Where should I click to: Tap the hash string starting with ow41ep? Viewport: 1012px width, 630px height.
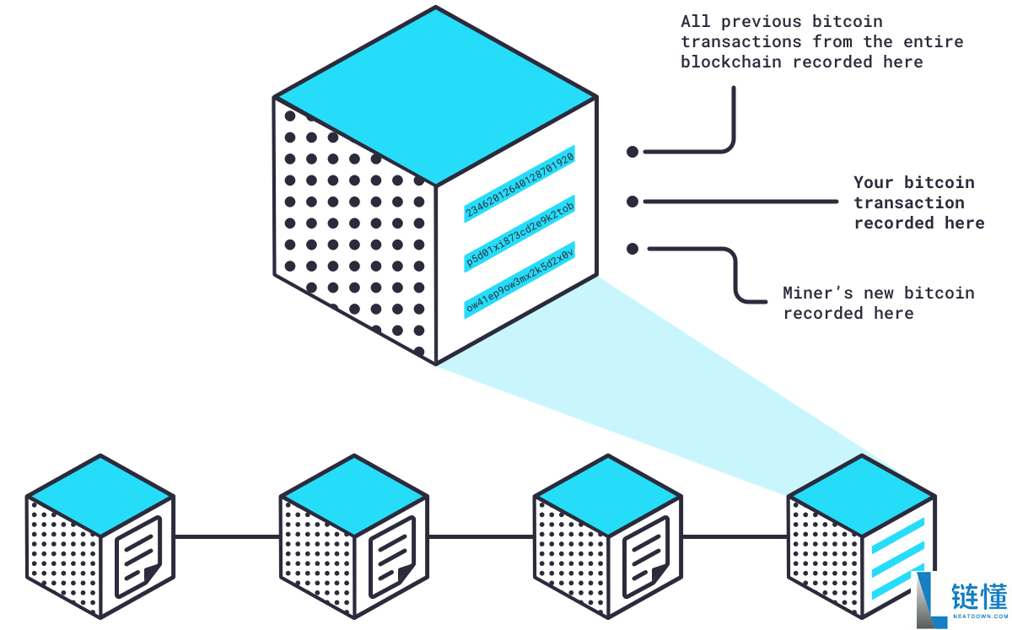coord(519,282)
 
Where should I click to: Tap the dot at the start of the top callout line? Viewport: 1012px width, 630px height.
coord(632,152)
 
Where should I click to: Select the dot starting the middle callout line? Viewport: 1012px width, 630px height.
coord(632,202)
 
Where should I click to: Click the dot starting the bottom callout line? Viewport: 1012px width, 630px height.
coord(632,249)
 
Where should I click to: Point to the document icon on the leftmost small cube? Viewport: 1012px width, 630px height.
coord(138,557)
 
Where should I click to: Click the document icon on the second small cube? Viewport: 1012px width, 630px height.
coord(392,557)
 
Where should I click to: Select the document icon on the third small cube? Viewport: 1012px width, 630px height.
coord(646,557)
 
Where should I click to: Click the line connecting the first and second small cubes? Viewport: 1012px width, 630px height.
coord(227,536)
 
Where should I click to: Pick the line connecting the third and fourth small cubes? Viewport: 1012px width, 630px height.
coord(735,536)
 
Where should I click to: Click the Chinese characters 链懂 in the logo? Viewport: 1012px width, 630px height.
coord(978,596)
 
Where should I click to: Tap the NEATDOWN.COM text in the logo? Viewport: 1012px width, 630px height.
coord(978,618)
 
